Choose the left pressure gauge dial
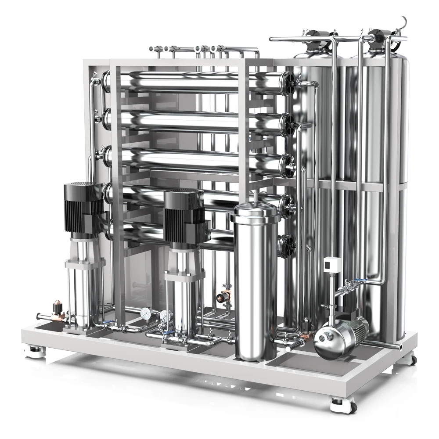[x=146, y=313]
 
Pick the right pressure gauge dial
[x=165, y=315]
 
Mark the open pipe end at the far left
[x=39, y=316]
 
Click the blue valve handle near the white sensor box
[x=359, y=280]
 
